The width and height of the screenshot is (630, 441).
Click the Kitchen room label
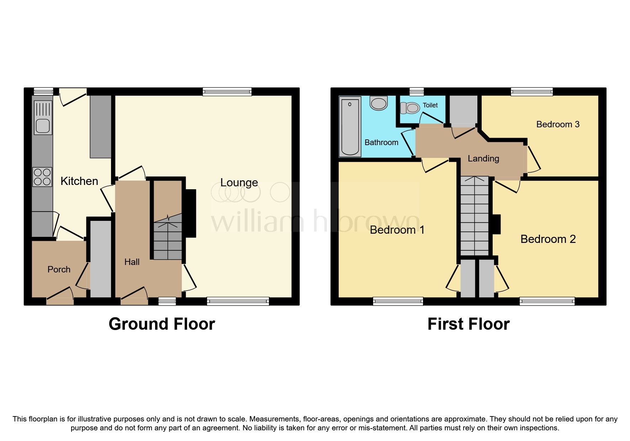click(79, 181)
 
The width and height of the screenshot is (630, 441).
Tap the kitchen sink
click(43, 118)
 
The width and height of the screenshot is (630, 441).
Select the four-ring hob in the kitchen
click(42, 177)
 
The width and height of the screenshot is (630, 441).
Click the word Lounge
click(239, 182)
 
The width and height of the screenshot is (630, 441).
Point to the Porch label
click(59, 270)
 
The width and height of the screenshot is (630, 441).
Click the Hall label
click(132, 262)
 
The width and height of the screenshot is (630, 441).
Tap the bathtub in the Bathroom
click(350, 127)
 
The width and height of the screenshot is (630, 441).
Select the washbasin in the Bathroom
click(378, 103)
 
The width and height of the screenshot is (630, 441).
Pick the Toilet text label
click(430, 105)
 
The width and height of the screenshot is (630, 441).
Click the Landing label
click(483, 159)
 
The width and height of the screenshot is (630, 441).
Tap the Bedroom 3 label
click(557, 124)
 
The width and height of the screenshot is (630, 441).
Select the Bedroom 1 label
click(397, 230)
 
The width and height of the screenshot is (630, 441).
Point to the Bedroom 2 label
click(548, 239)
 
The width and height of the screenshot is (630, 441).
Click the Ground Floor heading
click(162, 324)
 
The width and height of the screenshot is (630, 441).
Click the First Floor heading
click(468, 324)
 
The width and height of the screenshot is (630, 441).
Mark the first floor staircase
click(475, 217)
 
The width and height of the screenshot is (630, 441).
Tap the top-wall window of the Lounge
click(227, 92)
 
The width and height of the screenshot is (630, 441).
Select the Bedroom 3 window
click(531, 92)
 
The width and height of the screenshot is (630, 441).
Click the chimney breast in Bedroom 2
click(497, 224)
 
